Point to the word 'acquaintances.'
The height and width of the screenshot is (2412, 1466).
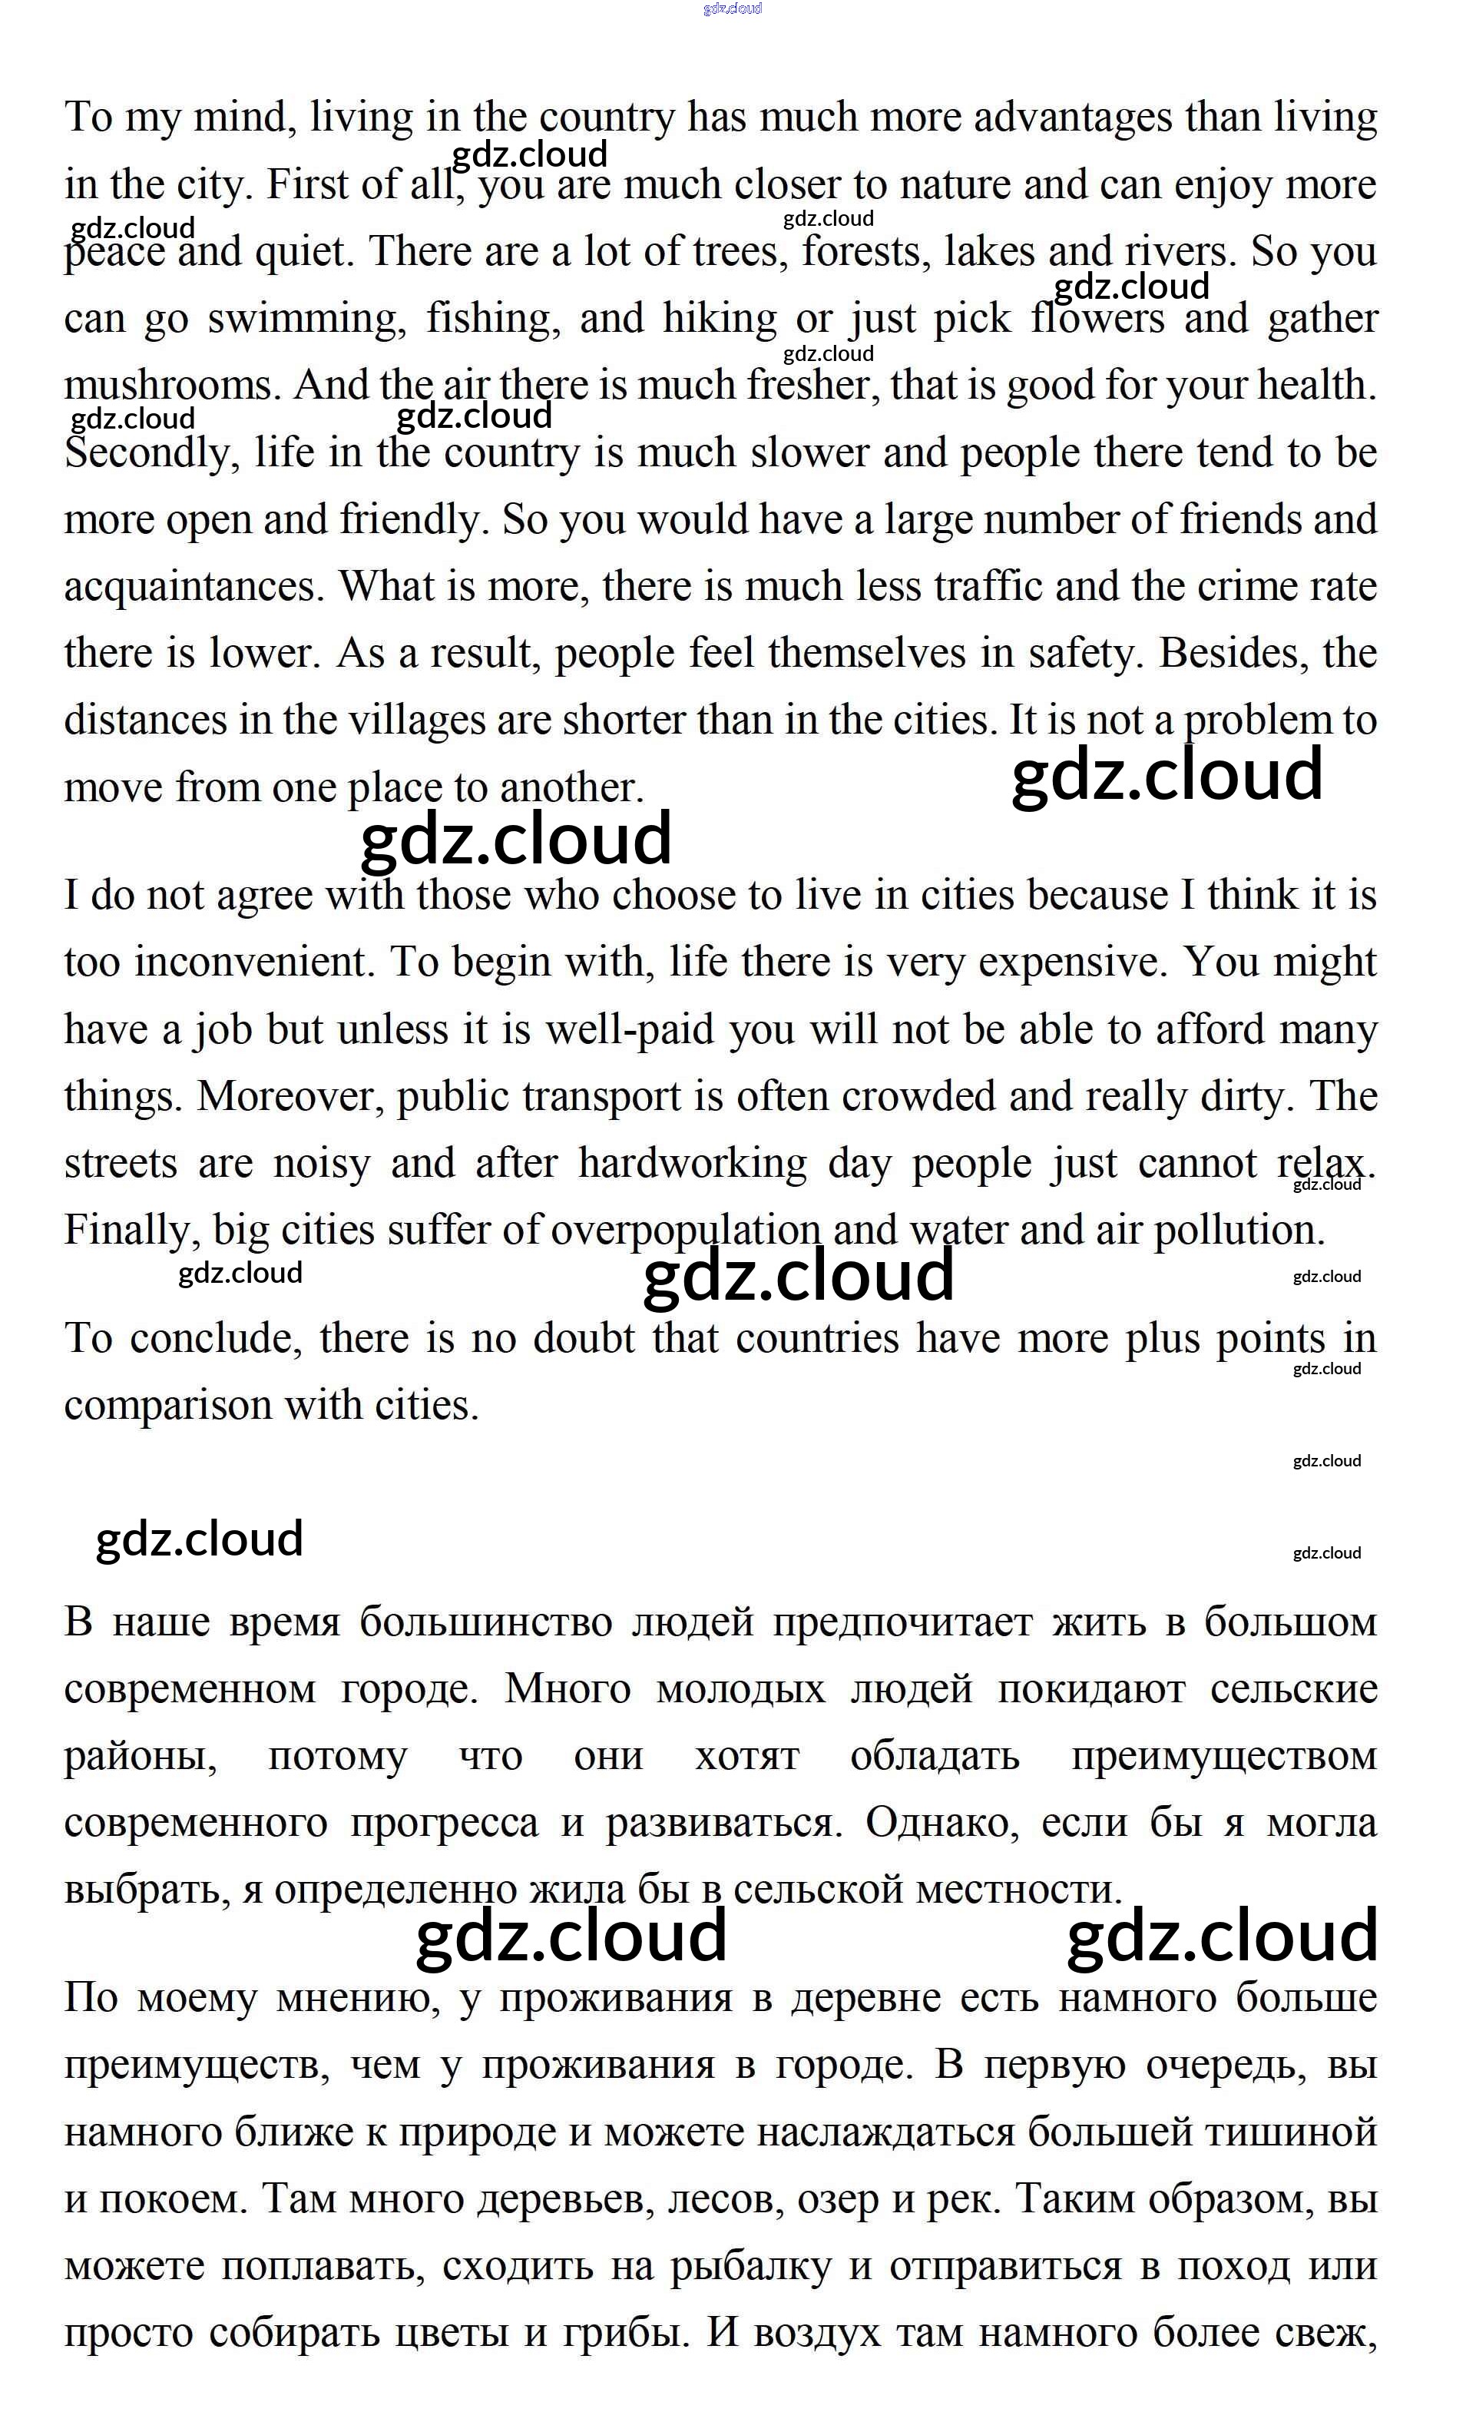click(194, 588)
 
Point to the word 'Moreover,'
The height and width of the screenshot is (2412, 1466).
click(292, 1096)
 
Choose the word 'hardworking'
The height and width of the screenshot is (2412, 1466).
click(692, 1164)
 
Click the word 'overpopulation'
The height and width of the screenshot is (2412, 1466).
click(685, 1231)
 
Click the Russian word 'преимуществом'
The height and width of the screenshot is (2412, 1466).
click(1223, 1756)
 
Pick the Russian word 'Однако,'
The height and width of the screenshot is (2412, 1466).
click(941, 1823)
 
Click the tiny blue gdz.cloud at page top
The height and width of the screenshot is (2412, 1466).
click(732, 8)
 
